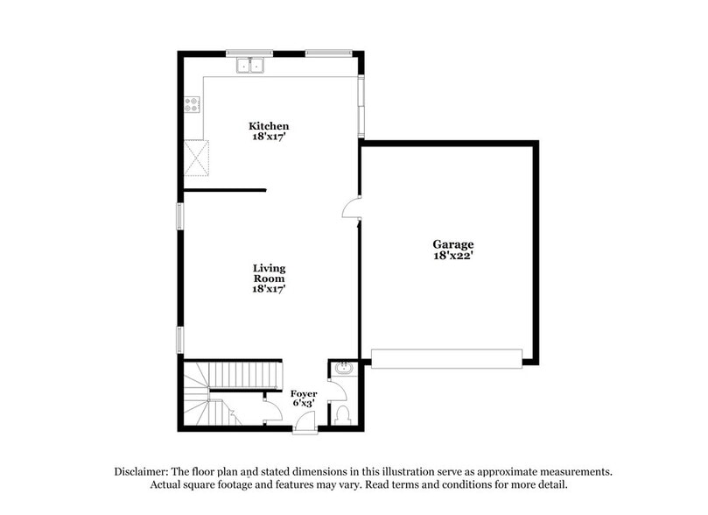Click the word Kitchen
click(x=269, y=126)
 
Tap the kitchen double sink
click(x=250, y=66)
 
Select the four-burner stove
click(x=192, y=106)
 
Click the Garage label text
click(x=452, y=244)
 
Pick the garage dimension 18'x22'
click(x=452, y=256)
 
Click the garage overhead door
click(x=446, y=357)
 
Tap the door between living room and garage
click(x=351, y=209)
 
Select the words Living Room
click(x=269, y=273)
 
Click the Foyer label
click(x=304, y=394)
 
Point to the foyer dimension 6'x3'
click(x=304, y=406)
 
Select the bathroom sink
click(x=341, y=370)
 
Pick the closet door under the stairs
click(x=272, y=413)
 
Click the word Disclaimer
click(x=143, y=471)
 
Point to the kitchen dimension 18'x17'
click(x=269, y=138)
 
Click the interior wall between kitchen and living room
click(x=225, y=189)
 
